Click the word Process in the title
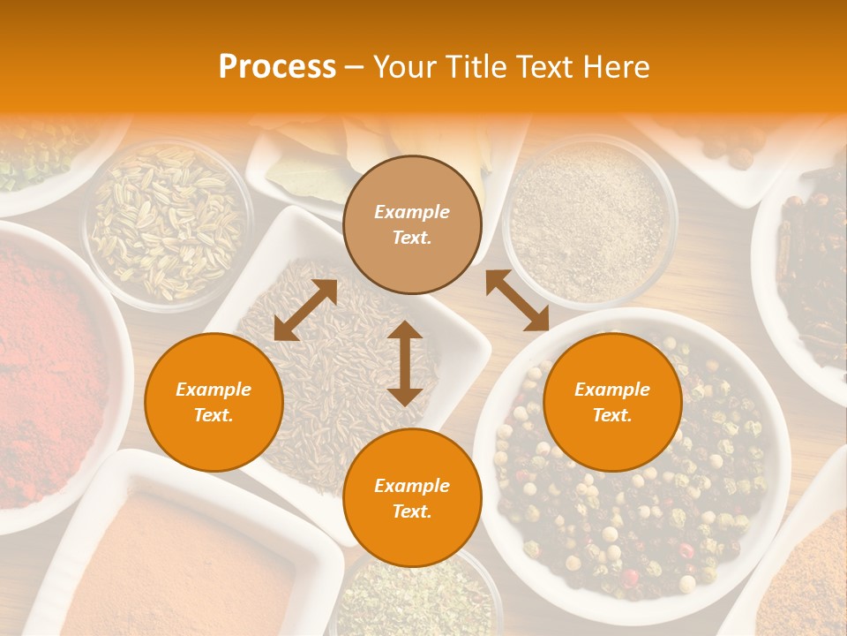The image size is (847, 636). [277, 67]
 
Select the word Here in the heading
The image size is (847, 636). [617, 67]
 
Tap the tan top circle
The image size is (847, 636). [412, 224]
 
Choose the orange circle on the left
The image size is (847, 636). [214, 402]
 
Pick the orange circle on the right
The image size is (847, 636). [612, 402]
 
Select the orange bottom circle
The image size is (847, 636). [412, 498]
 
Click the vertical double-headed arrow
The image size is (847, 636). [405, 363]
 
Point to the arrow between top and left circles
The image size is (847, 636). [305, 310]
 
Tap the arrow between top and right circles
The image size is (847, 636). [517, 300]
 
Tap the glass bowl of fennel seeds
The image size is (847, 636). [168, 221]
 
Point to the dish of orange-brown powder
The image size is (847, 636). [185, 565]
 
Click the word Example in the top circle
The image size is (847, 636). [412, 212]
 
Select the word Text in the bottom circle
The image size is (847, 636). [410, 511]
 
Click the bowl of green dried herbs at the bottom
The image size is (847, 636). [415, 601]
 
